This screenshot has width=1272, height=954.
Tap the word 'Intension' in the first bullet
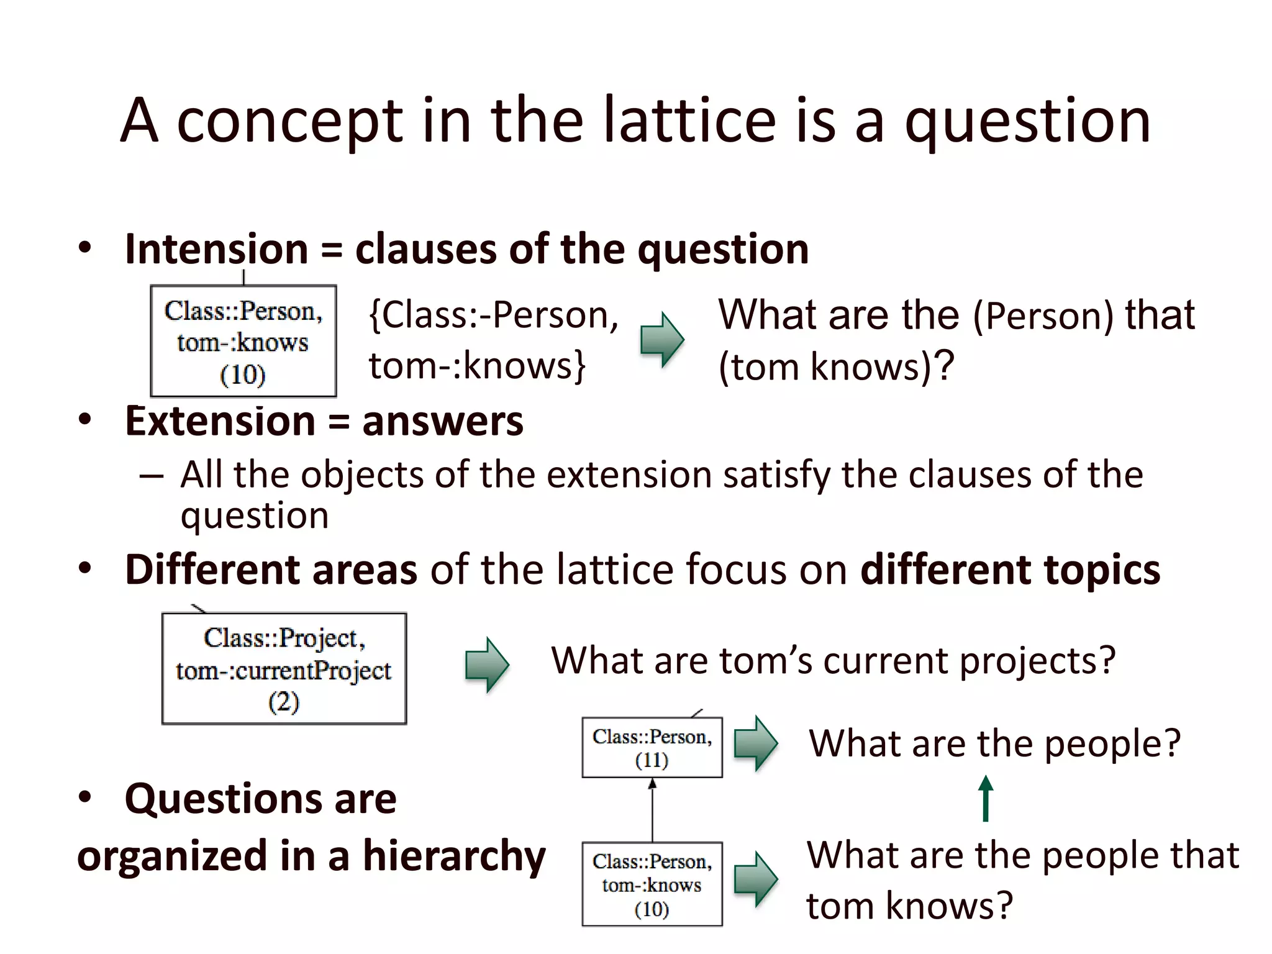[x=216, y=250]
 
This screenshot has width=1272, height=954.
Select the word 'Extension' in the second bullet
[x=220, y=422]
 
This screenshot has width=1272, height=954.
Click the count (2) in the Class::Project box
[x=284, y=702]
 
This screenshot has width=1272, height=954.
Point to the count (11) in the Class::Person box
[x=652, y=760]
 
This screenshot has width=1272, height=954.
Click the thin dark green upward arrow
[x=986, y=799]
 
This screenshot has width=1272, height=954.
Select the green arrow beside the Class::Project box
[x=487, y=665]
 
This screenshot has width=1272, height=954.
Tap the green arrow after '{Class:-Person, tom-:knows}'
[x=662, y=340]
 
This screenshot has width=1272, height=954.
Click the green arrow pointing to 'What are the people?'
[x=755, y=743]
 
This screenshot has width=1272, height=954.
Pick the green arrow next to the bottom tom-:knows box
[x=755, y=879]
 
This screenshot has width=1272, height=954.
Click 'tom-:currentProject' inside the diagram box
[x=284, y=671]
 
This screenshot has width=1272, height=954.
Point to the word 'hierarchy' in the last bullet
[x=454, y=856]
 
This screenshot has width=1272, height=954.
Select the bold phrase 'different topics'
[x=1010, y=570]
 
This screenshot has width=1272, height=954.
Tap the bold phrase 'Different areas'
[x=271, y=570]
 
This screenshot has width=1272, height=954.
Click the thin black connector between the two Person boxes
[x=652, y=811]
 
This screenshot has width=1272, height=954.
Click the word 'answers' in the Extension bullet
[x=443, y=422]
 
